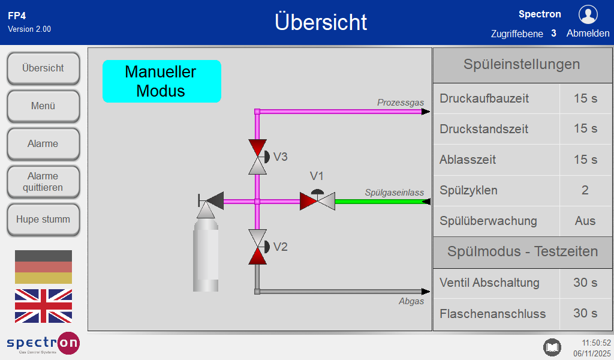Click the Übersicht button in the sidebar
[43, 68]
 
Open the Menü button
[43, 106]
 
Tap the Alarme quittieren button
[43, 182]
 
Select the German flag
[43, 267]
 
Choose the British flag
[43, 306]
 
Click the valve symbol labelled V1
[317, 200]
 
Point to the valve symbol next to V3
[257, 157]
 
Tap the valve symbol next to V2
[257, 247]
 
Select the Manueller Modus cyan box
[161, 81]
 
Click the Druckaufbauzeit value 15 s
[585, 98]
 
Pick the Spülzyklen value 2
[585, 190]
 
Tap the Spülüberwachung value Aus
[585, 221]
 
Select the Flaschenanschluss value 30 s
[585, 313]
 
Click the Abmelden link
[588, 34]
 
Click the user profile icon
[588, 14]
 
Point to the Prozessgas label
[400, 103]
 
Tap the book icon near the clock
[552, 347]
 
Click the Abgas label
[411, 301]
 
